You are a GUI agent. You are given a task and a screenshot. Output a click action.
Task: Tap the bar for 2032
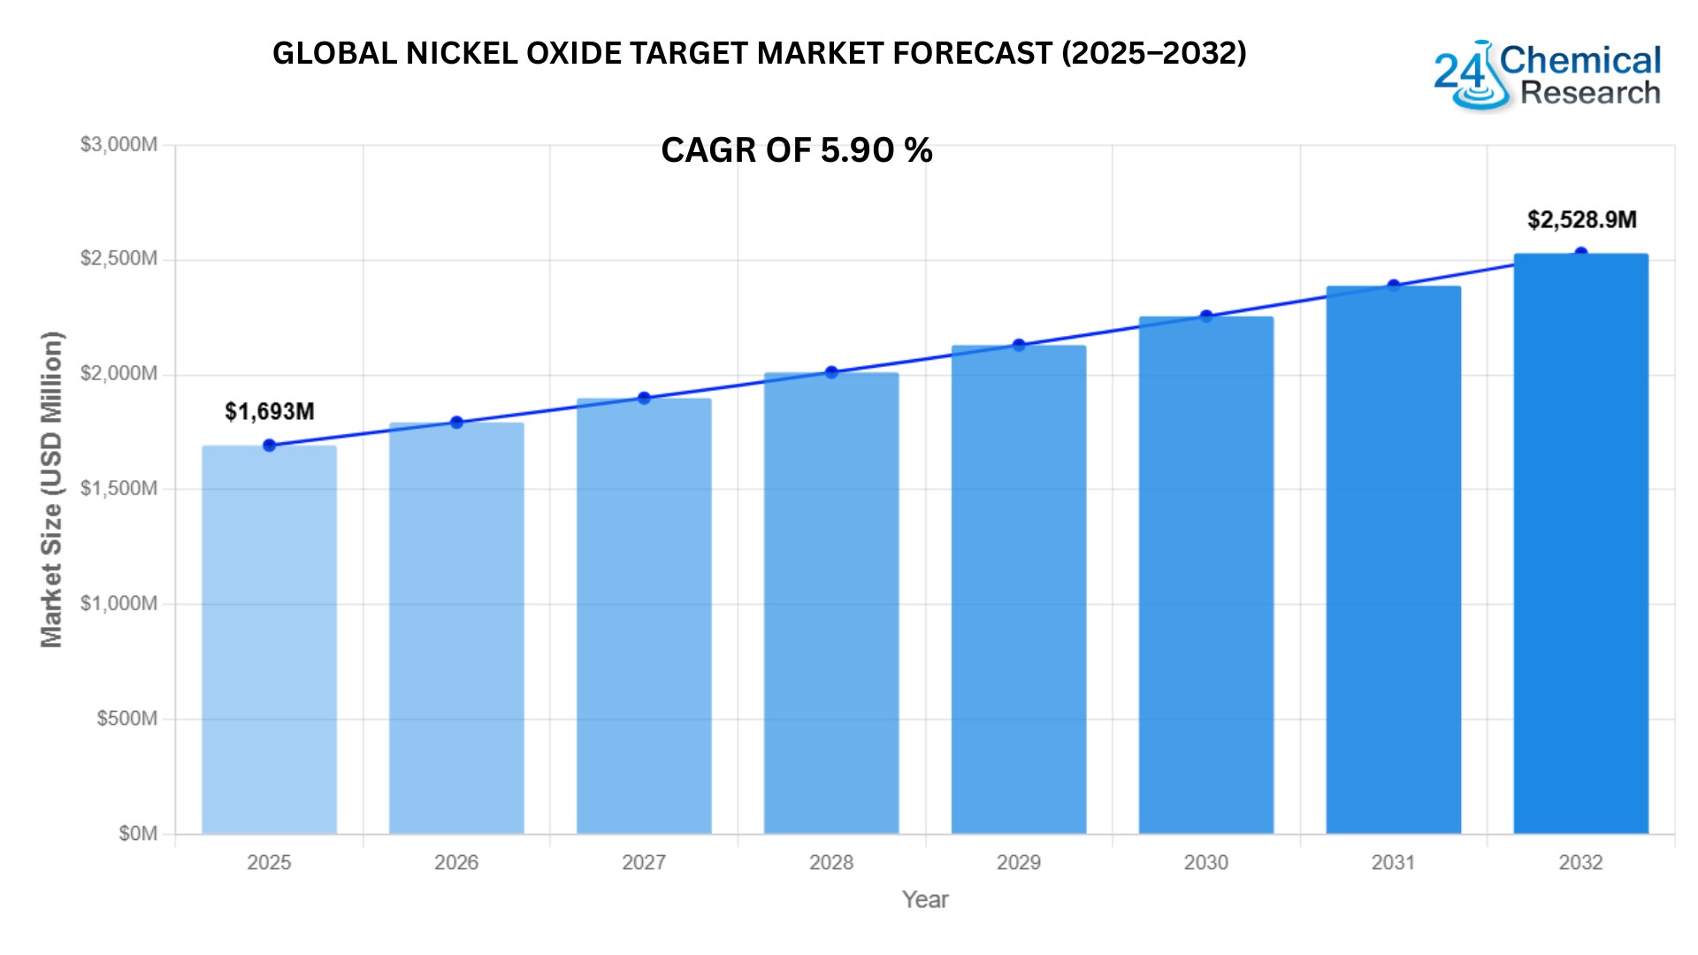pyautogui.click(x=1580, y=544)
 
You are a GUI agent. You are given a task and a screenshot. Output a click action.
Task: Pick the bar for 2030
pyautogui.click(x=1205, y=575)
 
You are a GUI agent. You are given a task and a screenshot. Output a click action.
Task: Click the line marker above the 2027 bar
pyautogui.click(x=644, y=398)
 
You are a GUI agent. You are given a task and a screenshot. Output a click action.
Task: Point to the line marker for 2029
pyautogui.click(x=1019, y=345)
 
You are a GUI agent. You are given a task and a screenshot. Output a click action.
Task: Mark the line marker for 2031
pyautogui.click(x=1394, y=286)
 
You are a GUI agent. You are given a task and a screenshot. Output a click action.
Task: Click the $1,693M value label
pyautogui.click(x=270, y=412)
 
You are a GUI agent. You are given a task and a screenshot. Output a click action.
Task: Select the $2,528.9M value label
pyautogui.click(x=1581, y=220)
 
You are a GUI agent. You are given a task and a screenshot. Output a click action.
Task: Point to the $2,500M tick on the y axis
pyautogui.click(x=119, y=259)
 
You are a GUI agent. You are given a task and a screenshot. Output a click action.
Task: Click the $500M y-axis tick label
pyautogui.click(x=127, y=719)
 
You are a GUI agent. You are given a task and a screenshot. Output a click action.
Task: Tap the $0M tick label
pyautogui.click(x=138, y=834)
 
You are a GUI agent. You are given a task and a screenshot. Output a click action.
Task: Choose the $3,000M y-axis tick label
pyautogui.click(x=119, y=145)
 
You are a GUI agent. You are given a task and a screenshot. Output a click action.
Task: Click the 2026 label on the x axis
pyautogui.click(x=456, y=863)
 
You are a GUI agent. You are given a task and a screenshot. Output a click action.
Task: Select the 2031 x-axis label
pyautogui.click(x=1394, y=863)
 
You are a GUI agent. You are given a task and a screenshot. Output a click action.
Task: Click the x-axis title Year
pyautogui.click(x=925, y=900)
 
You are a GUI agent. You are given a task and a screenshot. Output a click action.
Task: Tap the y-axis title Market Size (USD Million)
pyautogui.click(x=52, y=489)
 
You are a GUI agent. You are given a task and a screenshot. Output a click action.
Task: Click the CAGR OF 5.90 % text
pyautogui.click(x=796, y=151)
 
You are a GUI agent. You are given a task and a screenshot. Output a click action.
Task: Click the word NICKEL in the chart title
pyautogui.click(x=462, y=54)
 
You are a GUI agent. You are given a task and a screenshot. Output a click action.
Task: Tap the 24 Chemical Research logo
pyautogui.click(x=1547, y=76)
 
